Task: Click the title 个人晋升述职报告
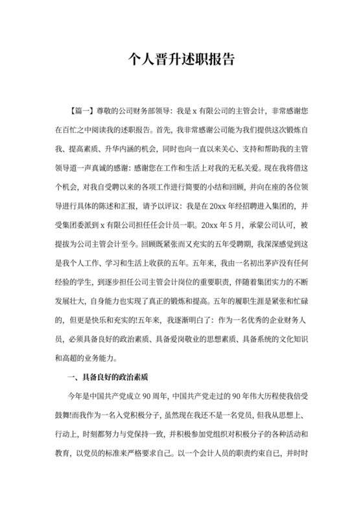click(181, 60)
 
